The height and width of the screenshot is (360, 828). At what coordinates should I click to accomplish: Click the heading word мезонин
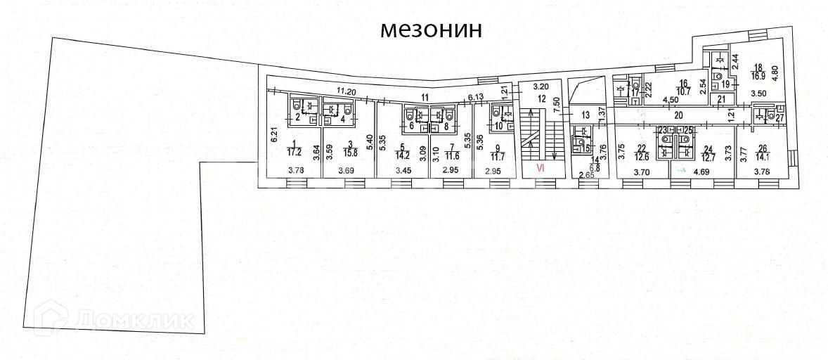click(x=432, y=30)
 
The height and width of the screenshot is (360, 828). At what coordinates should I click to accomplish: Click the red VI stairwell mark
click(x=541, y=168)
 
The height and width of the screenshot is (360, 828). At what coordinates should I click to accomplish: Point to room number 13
click(x=584, y=114)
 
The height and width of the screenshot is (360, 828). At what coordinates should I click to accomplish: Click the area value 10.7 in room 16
click(x=683, y=91)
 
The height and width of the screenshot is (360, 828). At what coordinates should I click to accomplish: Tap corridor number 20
click(x=678, y=114)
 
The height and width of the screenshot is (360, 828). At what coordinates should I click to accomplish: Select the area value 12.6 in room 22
click(x=640, y=156)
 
